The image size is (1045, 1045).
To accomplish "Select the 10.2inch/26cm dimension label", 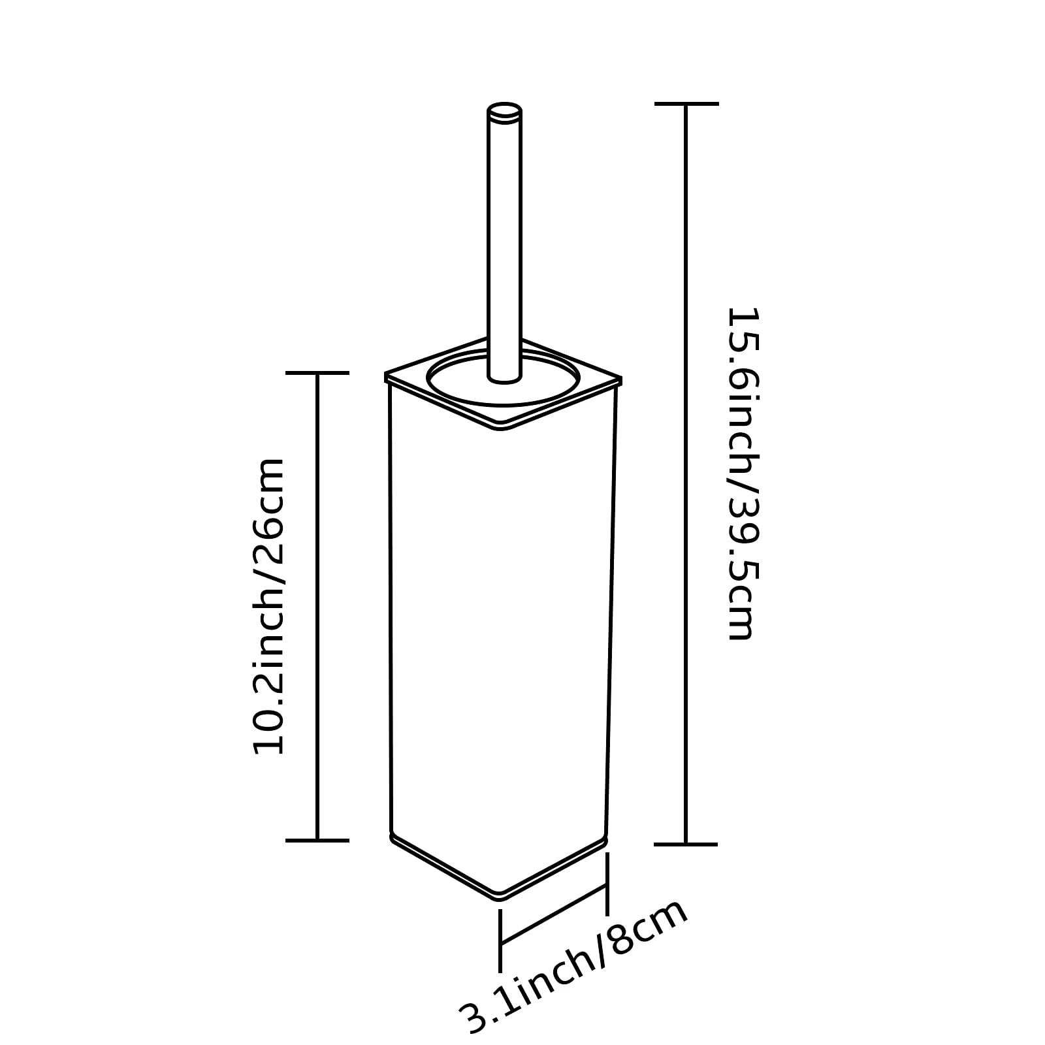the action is pyautogui.click(x=269, y=606).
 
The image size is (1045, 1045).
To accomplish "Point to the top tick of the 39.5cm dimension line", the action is pyautogui.click(x=686, y=103).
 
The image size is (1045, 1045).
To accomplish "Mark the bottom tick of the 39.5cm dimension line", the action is pyautogui.click(x=686, y=844).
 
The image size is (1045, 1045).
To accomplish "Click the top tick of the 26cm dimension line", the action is pyautogui.click(x=317, y=372).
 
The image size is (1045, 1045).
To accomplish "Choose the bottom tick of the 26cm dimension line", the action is pyautogui.click(x=317, y=840).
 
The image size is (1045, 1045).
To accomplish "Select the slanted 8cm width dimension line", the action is pyautogui.click(x=554, y=914).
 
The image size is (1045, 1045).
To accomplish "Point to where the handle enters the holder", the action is pyautogui.click(x=504, y=378).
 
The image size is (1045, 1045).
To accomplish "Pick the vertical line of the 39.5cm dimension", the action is pyautogui.click(x=686, y=474).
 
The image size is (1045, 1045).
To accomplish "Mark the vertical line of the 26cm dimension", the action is pyautogui.click(x=317, y=606).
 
